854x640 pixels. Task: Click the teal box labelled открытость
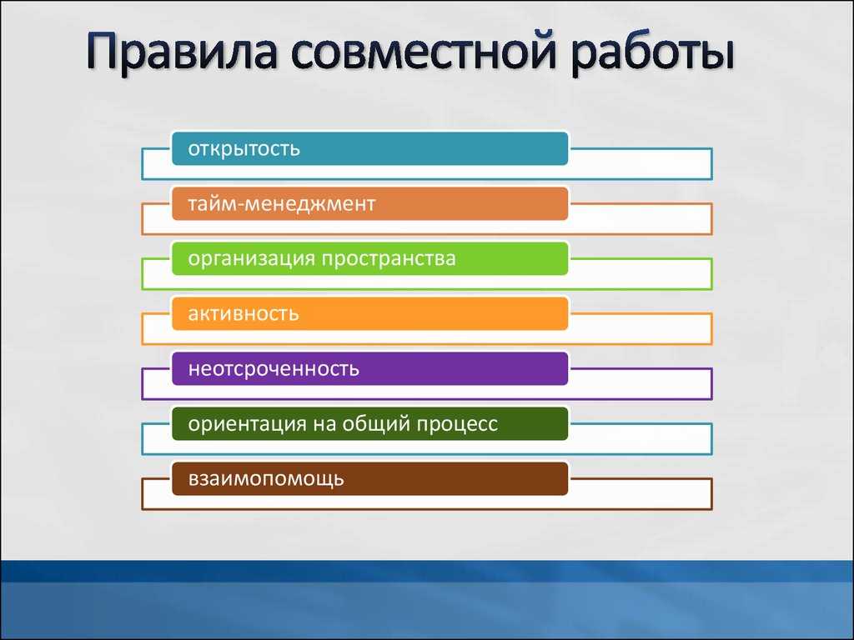[x=369, y=148]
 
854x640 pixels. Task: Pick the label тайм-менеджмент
[x=282, y=204]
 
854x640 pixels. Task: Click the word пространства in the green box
[x=389, y=259]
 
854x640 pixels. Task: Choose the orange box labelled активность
[x=369, y=313]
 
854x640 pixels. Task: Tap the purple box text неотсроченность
[x=274, y=369]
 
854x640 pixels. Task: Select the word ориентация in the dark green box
[x=247, y=424]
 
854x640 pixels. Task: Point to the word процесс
[x=457, y=425]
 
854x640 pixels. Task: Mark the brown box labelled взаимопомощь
[x=369, y=479]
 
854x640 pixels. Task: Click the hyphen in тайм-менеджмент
[x=239, y=205]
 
